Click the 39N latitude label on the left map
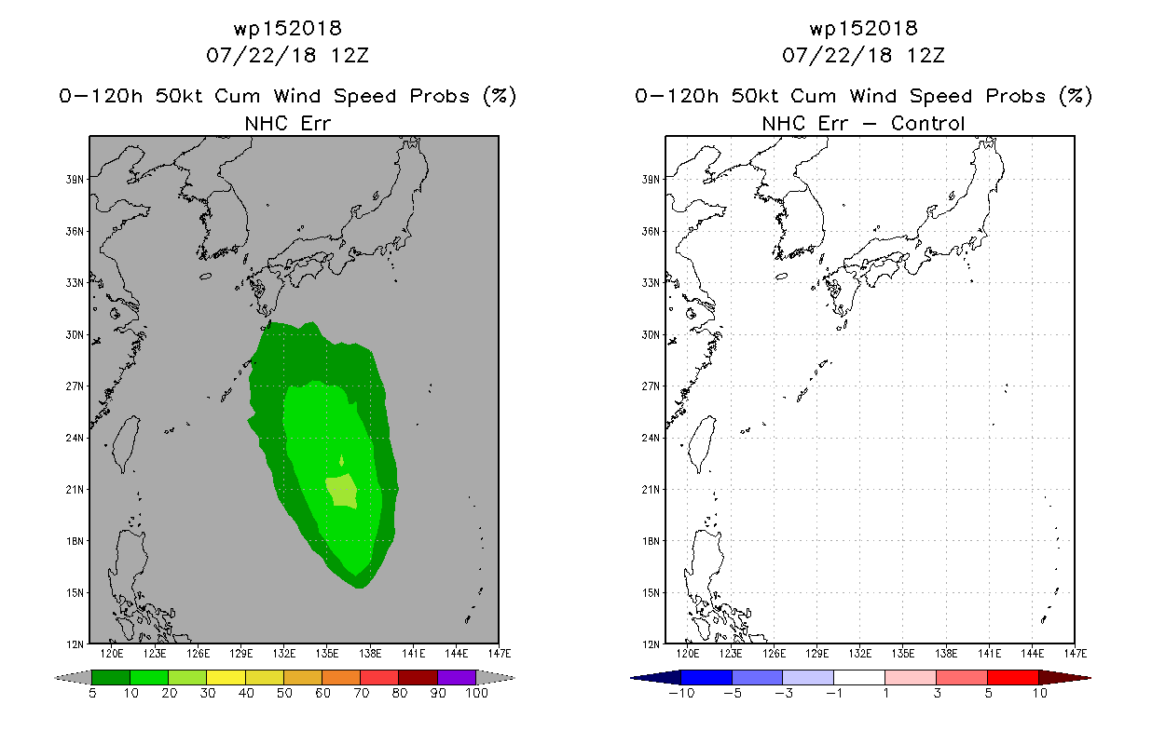tap(75, 180)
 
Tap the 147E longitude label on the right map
tap(1076, 654)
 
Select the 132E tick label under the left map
tap(284, 654)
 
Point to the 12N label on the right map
tap(651, 644)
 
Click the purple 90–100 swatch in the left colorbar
tap(457, 677)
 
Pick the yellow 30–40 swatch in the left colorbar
tap(226, 677)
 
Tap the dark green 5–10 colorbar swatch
tap(111, 677)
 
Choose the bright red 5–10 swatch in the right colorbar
tap(1013, 677)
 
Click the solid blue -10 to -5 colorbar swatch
tap(706, 677)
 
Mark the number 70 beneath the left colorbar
tap(361, 693)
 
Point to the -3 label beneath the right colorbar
tap(783, 693)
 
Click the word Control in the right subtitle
tap(927, 123)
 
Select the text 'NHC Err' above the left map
tap(287, 123)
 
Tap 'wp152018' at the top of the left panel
tap(287, 28)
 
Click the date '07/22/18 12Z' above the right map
tap(863, 55)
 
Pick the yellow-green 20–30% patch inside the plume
tap(341, 490)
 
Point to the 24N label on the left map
tap(75, 439)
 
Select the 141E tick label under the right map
tap(990, 654)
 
